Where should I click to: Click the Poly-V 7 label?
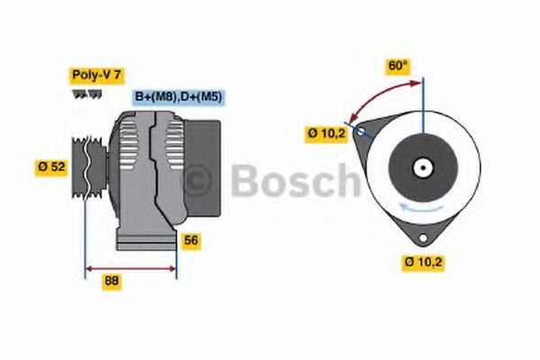[x=95, y=76]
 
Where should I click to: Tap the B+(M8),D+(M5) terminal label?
[x=179, y=96]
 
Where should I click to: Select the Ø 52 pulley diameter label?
[x=52, y=166]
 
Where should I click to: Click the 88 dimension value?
[x=112, y=281]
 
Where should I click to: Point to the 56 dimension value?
[x=191, y=240]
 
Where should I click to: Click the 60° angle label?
[x=398, y=66]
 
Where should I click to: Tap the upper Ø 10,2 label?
[x=326, y=134]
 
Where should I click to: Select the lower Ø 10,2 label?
[x=423, y=262]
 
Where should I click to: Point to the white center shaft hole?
[x=420, y=167]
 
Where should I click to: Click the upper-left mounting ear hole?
[x=362, y=131]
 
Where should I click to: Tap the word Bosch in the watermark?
[x=292, y=181]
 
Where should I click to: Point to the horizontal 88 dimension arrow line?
[x=130, y=267]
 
